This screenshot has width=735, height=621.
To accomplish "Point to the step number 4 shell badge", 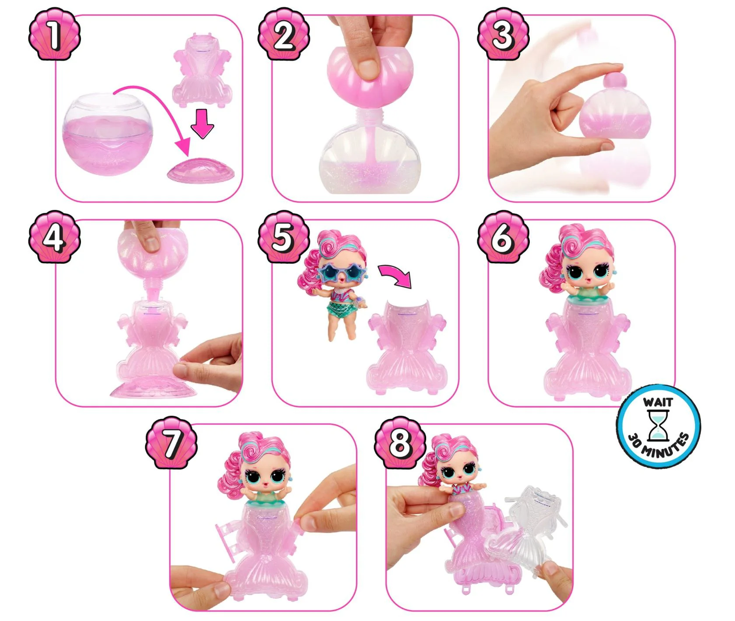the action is click(x=55, y=237).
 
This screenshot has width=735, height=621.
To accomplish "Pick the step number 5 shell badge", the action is click(x=284, y=237).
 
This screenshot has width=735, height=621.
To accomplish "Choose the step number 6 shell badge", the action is click(x=504, y=237).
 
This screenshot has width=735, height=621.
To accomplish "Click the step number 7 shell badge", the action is click(x=171, y=442).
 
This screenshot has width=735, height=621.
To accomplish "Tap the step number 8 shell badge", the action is click(x=400, y=442).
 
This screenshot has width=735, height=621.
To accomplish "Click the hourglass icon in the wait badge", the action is click(x=658, y=426).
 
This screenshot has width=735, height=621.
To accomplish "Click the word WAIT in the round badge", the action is click(x=658, y=402).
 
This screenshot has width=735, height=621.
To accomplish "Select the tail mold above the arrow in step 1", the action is click(x=203, y=70).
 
